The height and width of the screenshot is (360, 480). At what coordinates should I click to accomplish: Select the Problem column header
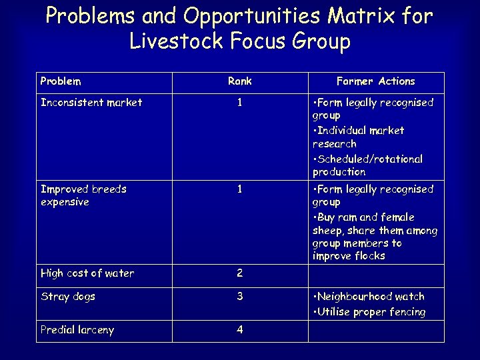tap(61, 81)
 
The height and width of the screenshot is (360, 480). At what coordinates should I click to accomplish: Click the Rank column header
tap(239, 81)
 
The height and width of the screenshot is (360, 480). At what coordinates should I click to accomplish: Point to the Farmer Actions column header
tap(375, 81)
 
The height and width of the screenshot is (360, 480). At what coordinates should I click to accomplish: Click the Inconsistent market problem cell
tap(91, 103)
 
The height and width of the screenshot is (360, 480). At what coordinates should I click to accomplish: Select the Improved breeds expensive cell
tap(83, 195)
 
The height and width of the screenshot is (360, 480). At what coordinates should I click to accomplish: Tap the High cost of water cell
tap(87, 273)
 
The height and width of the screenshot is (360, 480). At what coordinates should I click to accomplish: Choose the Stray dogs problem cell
tap(68, 297)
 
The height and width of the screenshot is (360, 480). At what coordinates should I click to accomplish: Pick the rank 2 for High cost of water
tap(239, 273)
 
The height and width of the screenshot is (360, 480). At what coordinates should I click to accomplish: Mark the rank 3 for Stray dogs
tap(239, 297)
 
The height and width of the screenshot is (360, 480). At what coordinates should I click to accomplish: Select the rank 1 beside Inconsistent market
tap(239, 103)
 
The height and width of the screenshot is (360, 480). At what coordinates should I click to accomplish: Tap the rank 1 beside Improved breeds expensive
tap(239, 189)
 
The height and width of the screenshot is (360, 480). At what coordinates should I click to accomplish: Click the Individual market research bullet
tap(359, 137)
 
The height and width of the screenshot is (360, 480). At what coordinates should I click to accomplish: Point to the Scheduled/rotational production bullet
tap(367, 165)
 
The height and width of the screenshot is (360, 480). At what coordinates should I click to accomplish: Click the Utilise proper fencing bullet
tap(369, 312)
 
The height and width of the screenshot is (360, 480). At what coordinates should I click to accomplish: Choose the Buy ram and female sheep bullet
tap(375, 237)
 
